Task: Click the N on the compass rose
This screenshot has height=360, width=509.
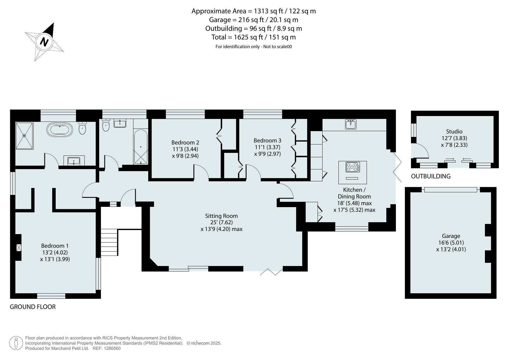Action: click(x=44, y=42)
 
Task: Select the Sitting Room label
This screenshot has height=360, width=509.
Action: click(x=221, y=216)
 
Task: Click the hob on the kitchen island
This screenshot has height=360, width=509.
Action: click(x=352, y=167)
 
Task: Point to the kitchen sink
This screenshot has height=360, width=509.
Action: click(x=351, y=124)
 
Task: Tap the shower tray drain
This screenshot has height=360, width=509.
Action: click(x=25, y=135)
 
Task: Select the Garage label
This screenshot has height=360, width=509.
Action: click(x=451, y=236)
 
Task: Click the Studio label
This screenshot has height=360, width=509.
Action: click(x=454, y=131)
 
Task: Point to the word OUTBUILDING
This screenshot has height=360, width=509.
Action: click(x=431, y=176)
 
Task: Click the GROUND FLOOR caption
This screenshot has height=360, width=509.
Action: click(x=33, y=307)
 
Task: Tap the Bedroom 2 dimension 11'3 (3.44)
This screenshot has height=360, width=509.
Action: click(x=185, y=149)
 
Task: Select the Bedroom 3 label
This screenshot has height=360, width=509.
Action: click(x=267, y=140)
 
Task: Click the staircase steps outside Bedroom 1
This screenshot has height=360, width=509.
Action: click(x=109, y=242)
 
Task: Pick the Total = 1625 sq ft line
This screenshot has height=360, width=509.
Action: click(x=253, y=37)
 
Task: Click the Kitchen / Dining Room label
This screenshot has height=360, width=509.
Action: click(x=354, y=193)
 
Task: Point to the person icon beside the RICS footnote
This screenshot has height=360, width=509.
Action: click(x=16, y=343)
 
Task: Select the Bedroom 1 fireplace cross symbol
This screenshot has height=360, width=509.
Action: click(x=19, y=247)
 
